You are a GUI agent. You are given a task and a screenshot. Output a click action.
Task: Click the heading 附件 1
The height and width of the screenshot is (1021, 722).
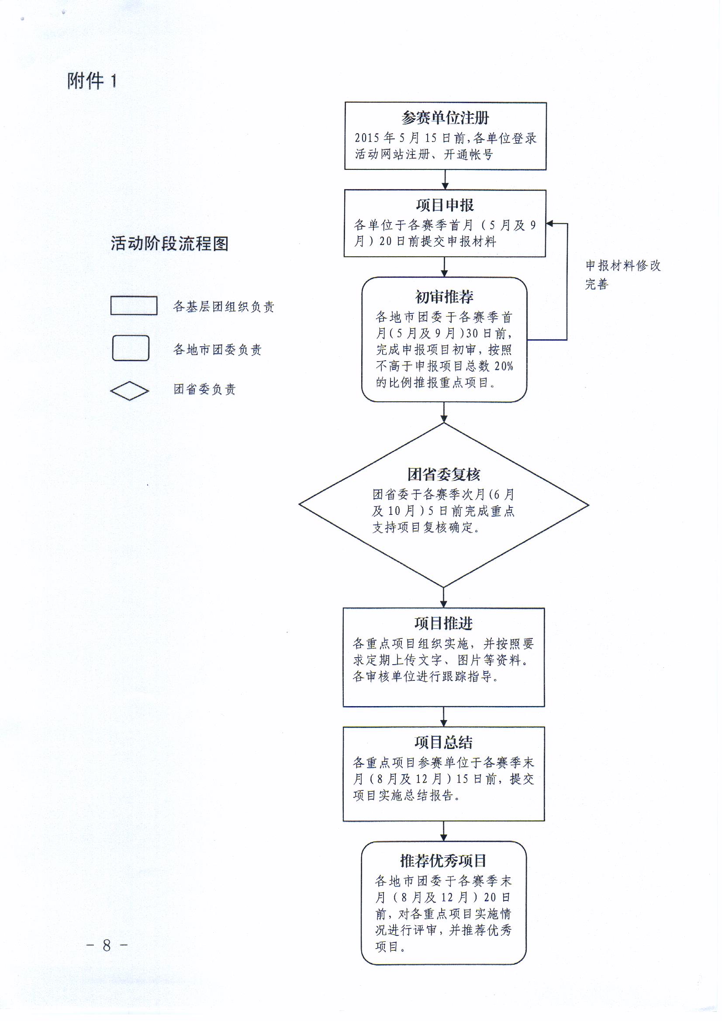(92, 81)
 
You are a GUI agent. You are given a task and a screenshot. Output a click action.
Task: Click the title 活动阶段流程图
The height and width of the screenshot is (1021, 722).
(169, 243)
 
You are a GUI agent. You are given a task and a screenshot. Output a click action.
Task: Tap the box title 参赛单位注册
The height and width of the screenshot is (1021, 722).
(446, 118)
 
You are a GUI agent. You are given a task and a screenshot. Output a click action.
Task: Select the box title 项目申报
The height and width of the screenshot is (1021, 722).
(445, 205)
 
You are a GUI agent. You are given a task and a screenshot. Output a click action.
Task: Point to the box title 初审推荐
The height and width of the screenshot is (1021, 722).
(444, 296)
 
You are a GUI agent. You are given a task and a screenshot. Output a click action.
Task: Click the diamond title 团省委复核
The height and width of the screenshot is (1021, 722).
(443, 475)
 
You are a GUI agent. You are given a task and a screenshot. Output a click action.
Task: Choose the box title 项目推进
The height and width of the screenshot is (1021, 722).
(443, 624)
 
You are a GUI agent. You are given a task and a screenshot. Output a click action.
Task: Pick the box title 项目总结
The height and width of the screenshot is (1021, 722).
(443, 742)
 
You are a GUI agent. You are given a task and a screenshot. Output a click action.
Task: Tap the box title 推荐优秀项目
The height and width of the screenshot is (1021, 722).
(443, 861)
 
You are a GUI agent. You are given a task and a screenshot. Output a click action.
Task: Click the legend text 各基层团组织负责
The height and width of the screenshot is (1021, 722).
(224, 307)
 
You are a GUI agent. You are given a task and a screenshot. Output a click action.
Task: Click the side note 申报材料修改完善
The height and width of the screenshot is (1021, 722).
(623, 275)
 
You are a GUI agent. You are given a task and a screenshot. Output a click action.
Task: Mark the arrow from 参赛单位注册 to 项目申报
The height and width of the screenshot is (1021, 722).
(445, 179)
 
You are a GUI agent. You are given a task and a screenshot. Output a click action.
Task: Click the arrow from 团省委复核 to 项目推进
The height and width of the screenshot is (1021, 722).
(443, 597)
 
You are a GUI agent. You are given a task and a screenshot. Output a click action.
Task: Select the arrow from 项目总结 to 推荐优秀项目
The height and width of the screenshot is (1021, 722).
(443, 831)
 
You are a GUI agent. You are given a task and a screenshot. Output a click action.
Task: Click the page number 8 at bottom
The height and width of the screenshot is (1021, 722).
(107, 945)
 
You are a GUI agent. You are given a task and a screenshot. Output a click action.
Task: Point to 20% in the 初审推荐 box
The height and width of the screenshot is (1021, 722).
(504, 366)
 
